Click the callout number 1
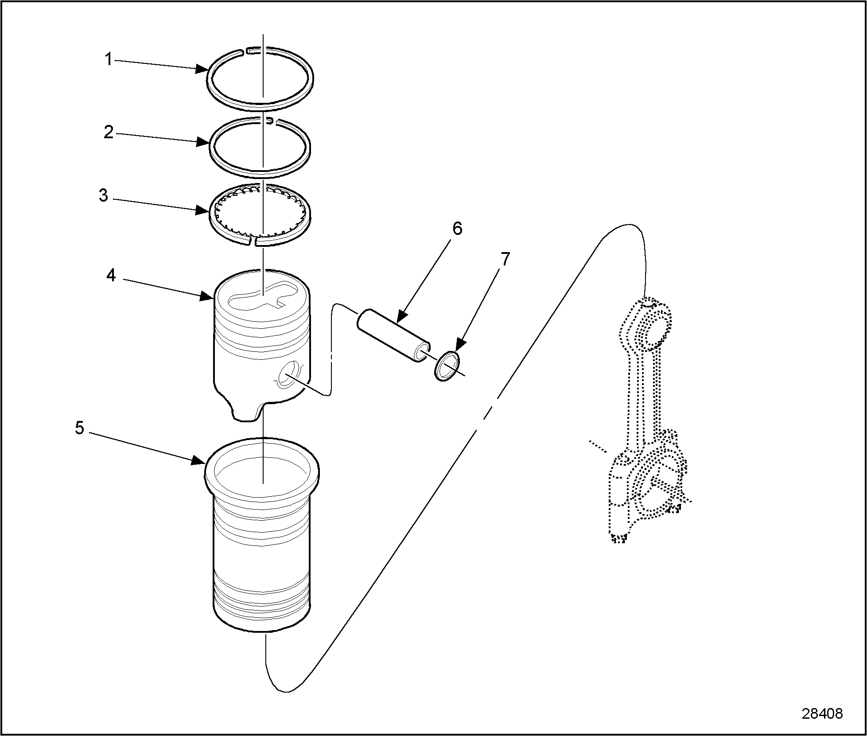click(109, 59)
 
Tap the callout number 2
click(109, 132)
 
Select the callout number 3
click(103, 195)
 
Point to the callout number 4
click(111, 276)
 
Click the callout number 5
click(79, 428)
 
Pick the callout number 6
click(457, 229)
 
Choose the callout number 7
click(505, 259)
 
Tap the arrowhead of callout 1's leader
click(204, 69)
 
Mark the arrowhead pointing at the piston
click(209, 296)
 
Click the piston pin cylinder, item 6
click(394, 335)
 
